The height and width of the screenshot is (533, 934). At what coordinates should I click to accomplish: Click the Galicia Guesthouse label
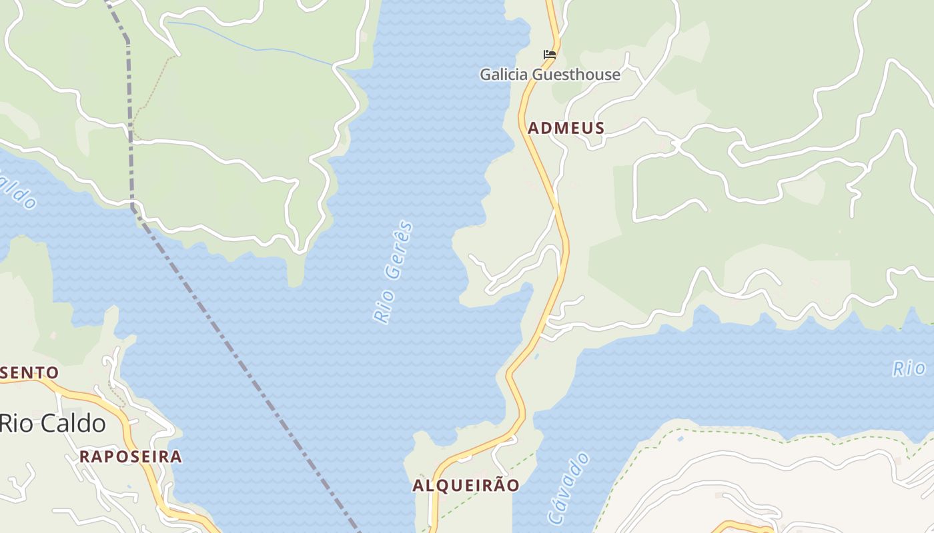[x=550, y=75]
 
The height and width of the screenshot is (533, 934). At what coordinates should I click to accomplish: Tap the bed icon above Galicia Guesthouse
[x=549, y=55]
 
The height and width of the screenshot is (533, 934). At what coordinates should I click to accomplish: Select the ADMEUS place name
[x=566, y=128]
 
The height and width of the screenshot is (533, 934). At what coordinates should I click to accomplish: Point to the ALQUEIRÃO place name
[x=466, y=485]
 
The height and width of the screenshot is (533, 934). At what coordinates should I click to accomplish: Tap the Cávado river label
[x=568, y=488]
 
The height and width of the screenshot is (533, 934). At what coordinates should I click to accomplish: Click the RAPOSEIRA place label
[x=130, y=456]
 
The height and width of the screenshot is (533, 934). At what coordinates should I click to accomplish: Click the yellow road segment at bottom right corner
[x=741, y=526]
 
